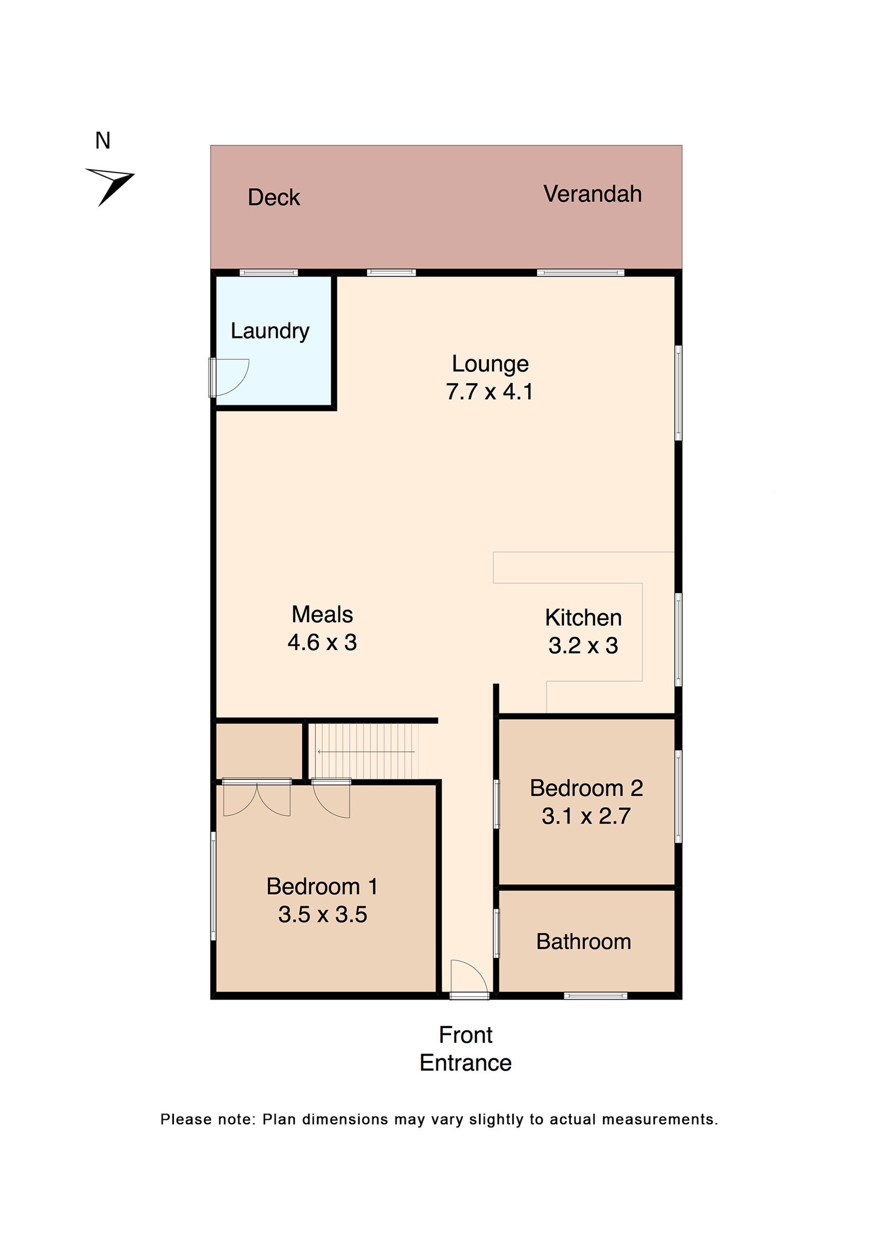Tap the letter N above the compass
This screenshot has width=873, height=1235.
click(103, 141)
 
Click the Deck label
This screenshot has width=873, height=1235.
click(273, 197)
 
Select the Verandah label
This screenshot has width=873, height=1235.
click(592, 194)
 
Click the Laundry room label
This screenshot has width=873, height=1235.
click(270, 330)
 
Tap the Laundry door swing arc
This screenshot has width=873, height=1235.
click(232, 376)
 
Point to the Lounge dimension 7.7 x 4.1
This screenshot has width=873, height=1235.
click(489, 391)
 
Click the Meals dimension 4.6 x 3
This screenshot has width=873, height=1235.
click(322, 642)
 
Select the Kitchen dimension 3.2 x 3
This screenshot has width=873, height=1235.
click(583, 645)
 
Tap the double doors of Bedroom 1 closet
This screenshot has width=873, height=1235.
click(256, 798)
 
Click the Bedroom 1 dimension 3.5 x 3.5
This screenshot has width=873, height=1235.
click(322, 914)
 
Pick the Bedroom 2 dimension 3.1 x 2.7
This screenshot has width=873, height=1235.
click(585, 815)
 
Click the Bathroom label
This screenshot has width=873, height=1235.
click(583, 941)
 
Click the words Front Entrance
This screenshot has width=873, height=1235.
click(465, 1048)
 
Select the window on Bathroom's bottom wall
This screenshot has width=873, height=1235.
click(595, 995)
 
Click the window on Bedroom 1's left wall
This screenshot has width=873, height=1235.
click(213, 885)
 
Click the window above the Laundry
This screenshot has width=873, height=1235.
click(268, 272)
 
